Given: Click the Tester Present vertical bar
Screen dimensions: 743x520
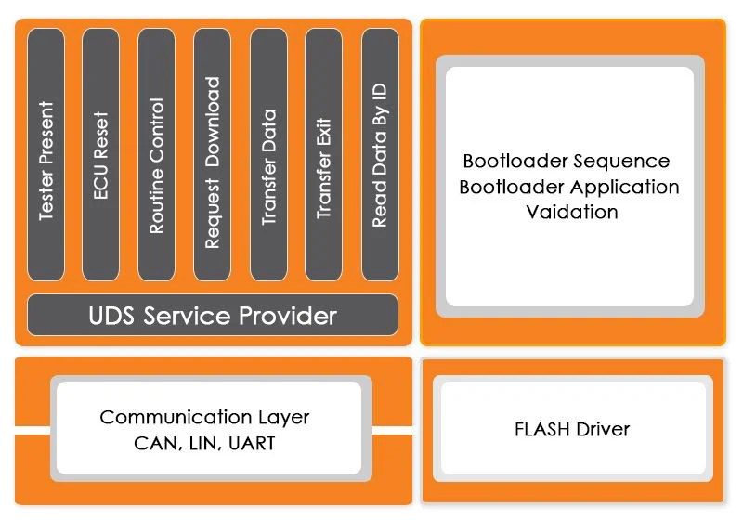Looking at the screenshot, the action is (46, 154).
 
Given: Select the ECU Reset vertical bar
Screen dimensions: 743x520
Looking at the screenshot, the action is (100, 154).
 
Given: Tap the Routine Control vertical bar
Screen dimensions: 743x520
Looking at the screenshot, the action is (156, 154).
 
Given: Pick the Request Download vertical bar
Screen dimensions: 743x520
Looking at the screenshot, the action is (213, 154).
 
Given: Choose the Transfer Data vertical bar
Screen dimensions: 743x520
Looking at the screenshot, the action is (268, 154).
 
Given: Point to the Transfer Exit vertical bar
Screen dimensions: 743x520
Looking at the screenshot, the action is (323, 154).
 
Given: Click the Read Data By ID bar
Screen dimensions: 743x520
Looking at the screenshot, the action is (380, 154).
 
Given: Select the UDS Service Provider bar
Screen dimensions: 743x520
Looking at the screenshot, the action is (213, 315).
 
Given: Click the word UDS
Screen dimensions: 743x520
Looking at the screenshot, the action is (111, 316).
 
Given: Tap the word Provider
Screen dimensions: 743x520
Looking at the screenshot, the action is (288, 316).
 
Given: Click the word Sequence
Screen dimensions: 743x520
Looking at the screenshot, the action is (628, 162).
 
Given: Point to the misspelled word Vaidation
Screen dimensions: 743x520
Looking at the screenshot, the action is (572, 212).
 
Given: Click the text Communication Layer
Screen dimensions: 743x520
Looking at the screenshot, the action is (204, 417).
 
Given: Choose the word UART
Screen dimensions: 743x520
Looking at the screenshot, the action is (252, 444).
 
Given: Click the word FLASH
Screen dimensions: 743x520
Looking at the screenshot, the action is (542, 430).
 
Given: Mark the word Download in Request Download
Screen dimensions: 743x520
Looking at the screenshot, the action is (213, 122).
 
